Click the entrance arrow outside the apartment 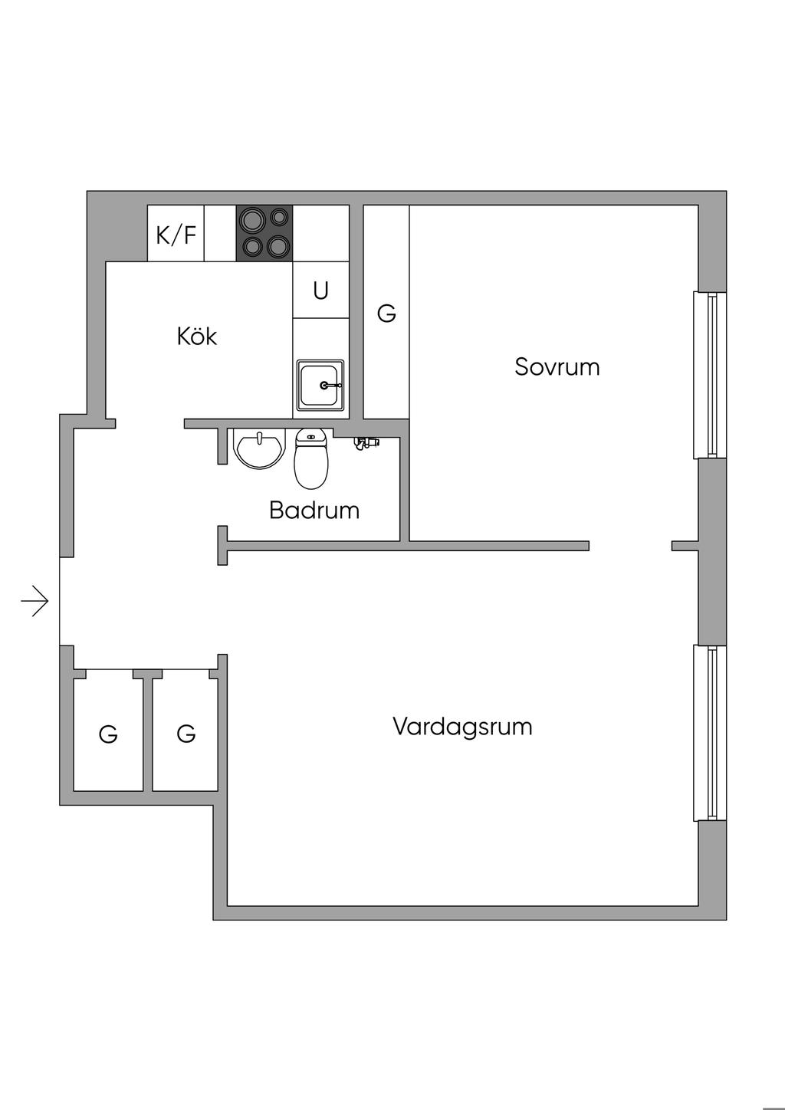click(34, 601)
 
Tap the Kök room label click(197, 337)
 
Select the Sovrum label click(557, 366)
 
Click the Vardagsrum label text click(462, 726)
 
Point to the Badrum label click(314, 510)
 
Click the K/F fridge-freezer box click(176, 234)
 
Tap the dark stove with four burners click(264, 233)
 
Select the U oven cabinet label click(320, 291)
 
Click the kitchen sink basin click(320, 385)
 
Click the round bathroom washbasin click(259, 449)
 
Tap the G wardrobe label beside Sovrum click(386, 313)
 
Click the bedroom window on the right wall click(709, 375)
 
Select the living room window click(709, 733)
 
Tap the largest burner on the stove click(251, 222)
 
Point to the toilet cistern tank click(310, 437)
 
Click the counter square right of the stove click(321, 233)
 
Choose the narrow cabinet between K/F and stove click(220, 233)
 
